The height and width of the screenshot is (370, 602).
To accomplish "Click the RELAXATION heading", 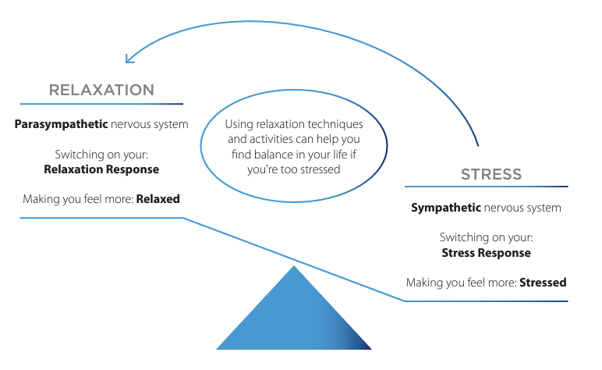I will [101, 89].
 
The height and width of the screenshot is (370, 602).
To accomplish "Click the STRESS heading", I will [491, 173].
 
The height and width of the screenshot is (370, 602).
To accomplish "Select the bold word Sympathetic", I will [446, 208].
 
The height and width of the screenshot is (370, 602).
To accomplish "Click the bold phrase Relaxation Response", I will [101, 169].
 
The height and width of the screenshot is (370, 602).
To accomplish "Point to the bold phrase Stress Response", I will [486, 252].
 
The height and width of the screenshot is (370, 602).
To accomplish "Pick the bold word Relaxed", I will [158, 198].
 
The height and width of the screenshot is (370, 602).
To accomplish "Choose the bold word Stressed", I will [543, 282].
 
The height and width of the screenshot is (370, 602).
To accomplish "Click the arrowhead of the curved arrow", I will [129, 59].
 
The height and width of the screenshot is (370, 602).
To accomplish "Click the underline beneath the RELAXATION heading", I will [101, 104].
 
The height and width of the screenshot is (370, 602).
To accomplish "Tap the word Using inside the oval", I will [239, 124].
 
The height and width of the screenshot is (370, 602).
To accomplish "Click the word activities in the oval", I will [273, 139].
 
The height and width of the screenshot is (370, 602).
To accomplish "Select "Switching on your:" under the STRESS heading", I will [486, 237].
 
